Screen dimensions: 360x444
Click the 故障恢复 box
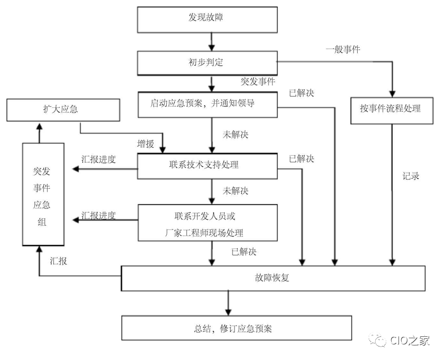273,278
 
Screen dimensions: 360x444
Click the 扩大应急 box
63,109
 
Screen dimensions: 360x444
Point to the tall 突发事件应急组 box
43,194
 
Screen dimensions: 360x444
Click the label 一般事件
343,49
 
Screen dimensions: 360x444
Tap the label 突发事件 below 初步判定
258,82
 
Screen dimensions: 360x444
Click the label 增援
146,144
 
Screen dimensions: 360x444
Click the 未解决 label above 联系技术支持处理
235,135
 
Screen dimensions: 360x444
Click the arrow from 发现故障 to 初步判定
212,41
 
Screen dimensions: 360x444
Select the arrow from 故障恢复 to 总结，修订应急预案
229,303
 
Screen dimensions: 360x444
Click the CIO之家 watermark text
409,341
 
